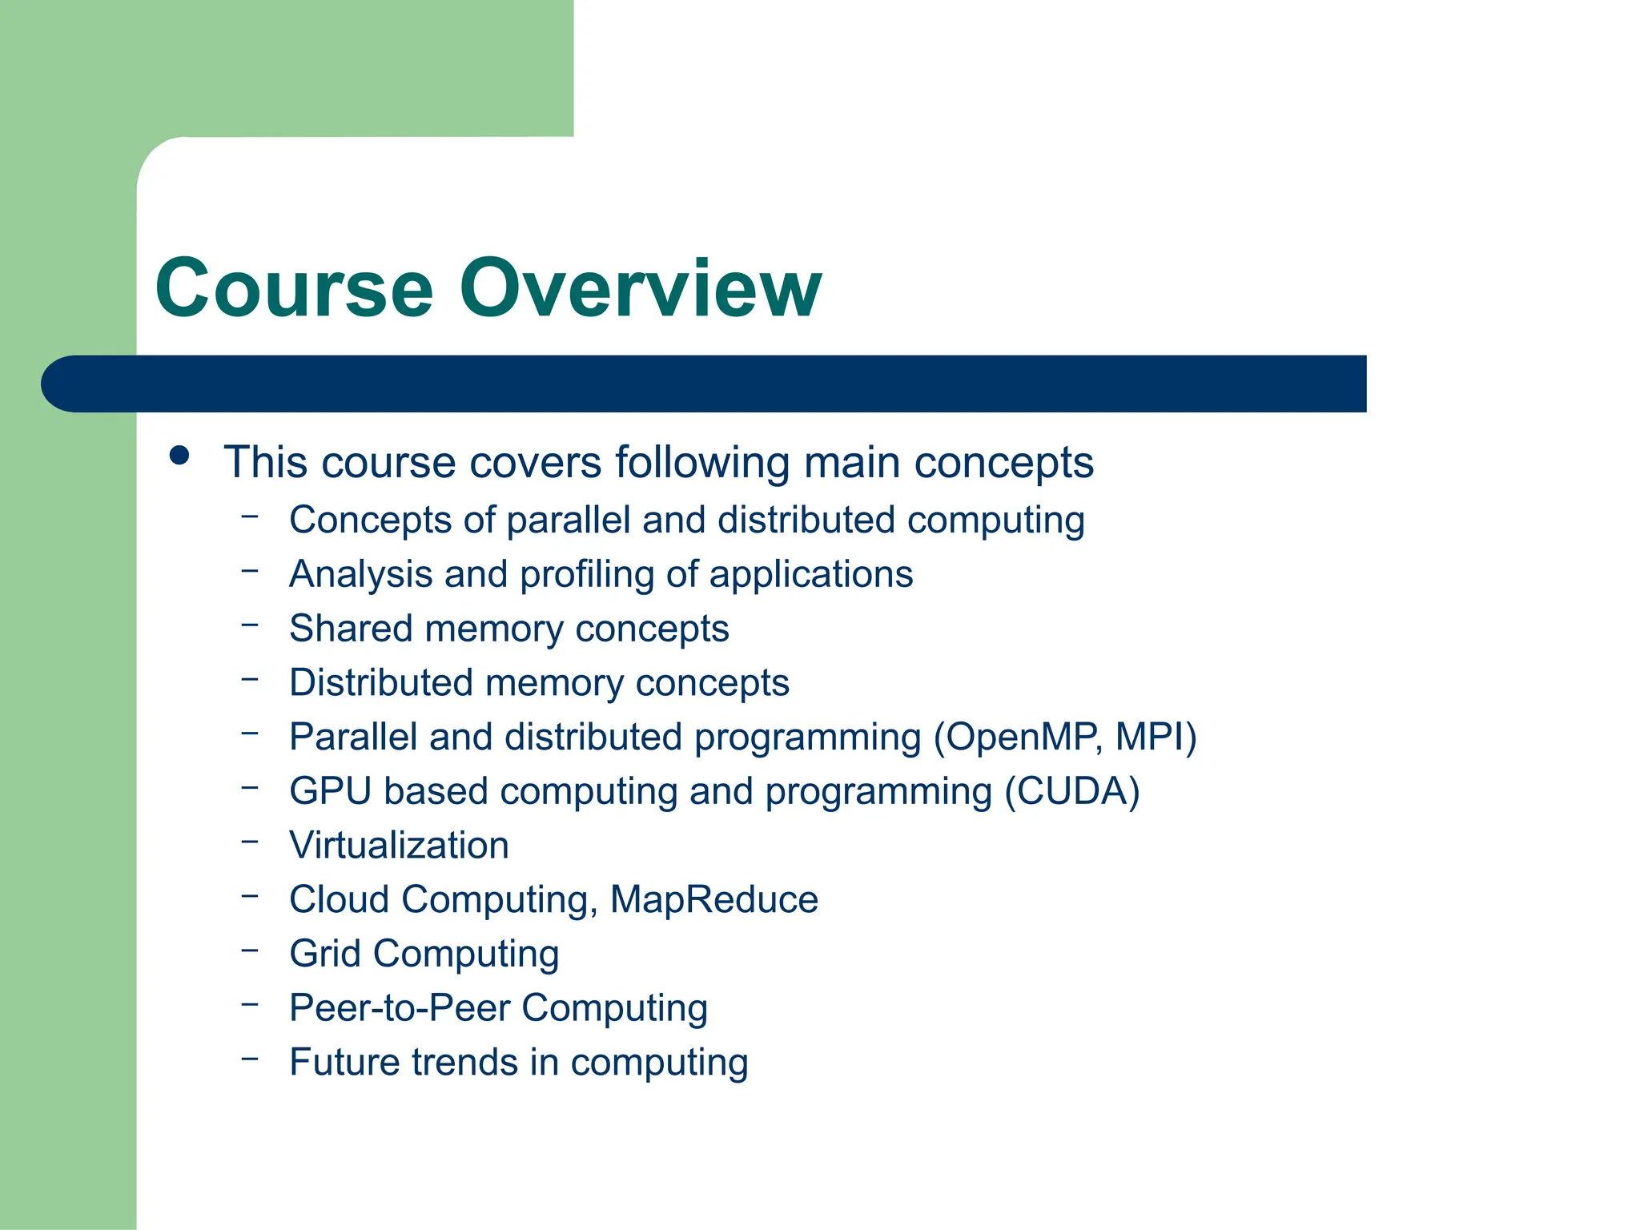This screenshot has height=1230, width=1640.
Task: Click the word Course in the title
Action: [294, 288]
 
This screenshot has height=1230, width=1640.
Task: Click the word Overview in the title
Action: [640, 288]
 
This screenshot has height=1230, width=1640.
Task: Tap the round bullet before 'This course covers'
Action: [179, 456]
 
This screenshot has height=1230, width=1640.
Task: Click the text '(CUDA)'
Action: [1072, 791]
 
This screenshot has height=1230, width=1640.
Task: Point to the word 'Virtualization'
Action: [399, 846]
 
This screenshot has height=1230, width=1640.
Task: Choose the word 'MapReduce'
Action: [714, 899]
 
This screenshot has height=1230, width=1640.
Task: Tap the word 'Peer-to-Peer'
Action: [399, 1008]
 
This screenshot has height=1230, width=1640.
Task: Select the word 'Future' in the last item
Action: [344, 1063]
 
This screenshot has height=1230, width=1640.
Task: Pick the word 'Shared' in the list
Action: [350, 629]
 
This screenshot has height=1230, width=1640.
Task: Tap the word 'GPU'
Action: [330, 791]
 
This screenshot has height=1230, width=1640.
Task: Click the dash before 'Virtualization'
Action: [250, 842]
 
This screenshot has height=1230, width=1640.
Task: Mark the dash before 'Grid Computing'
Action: [250, 951]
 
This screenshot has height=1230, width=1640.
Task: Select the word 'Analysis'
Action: [360, 575]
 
